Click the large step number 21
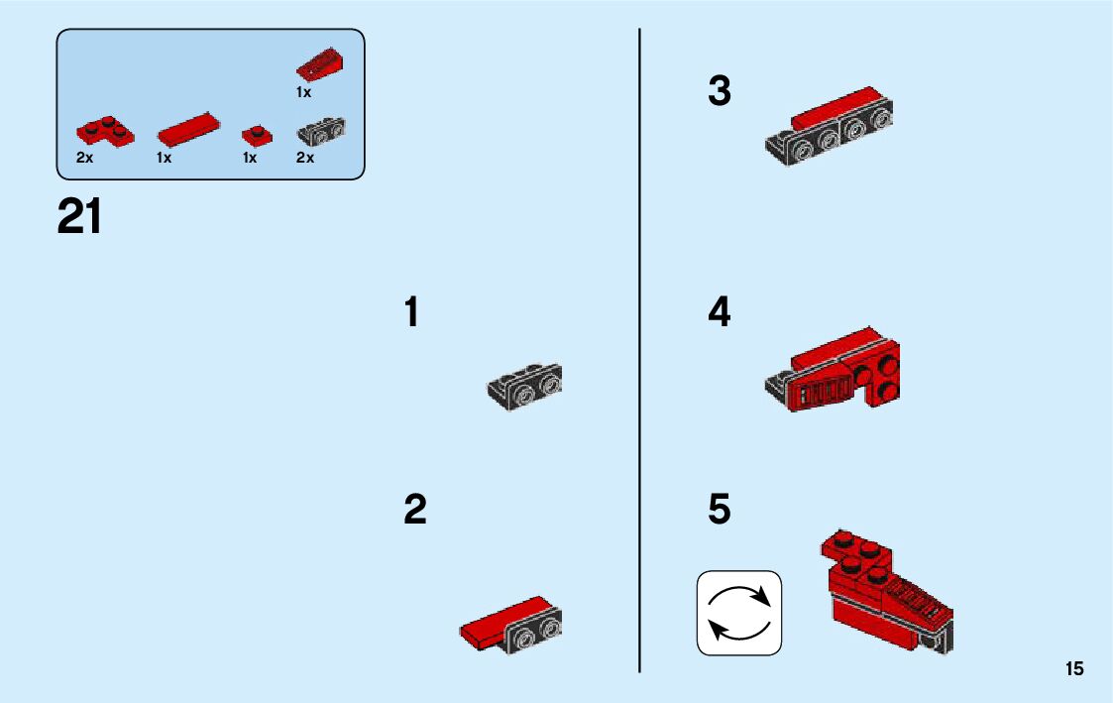click(x=79, y=216)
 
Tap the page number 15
click(x=1074, y=669)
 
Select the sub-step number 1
click(x=411, y=311)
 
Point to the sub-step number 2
click(x=415, y=509)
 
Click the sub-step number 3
click(x=720, y=91)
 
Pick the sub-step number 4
click(x=720, y=311)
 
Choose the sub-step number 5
click(x=720, y=509)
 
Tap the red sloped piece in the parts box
click(x=320, y=64)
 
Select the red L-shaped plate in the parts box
click(x=104, y=132)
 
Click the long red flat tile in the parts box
click(x=189, y=129)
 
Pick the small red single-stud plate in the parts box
click(x=257, y=135)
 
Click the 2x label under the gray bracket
click(x=305, y=158)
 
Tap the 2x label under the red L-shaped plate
click(x=84, y=158)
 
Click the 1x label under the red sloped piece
click(x=304, y=92)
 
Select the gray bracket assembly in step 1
click(x=524, y=387)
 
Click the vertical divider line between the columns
click(x=639, y=350)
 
